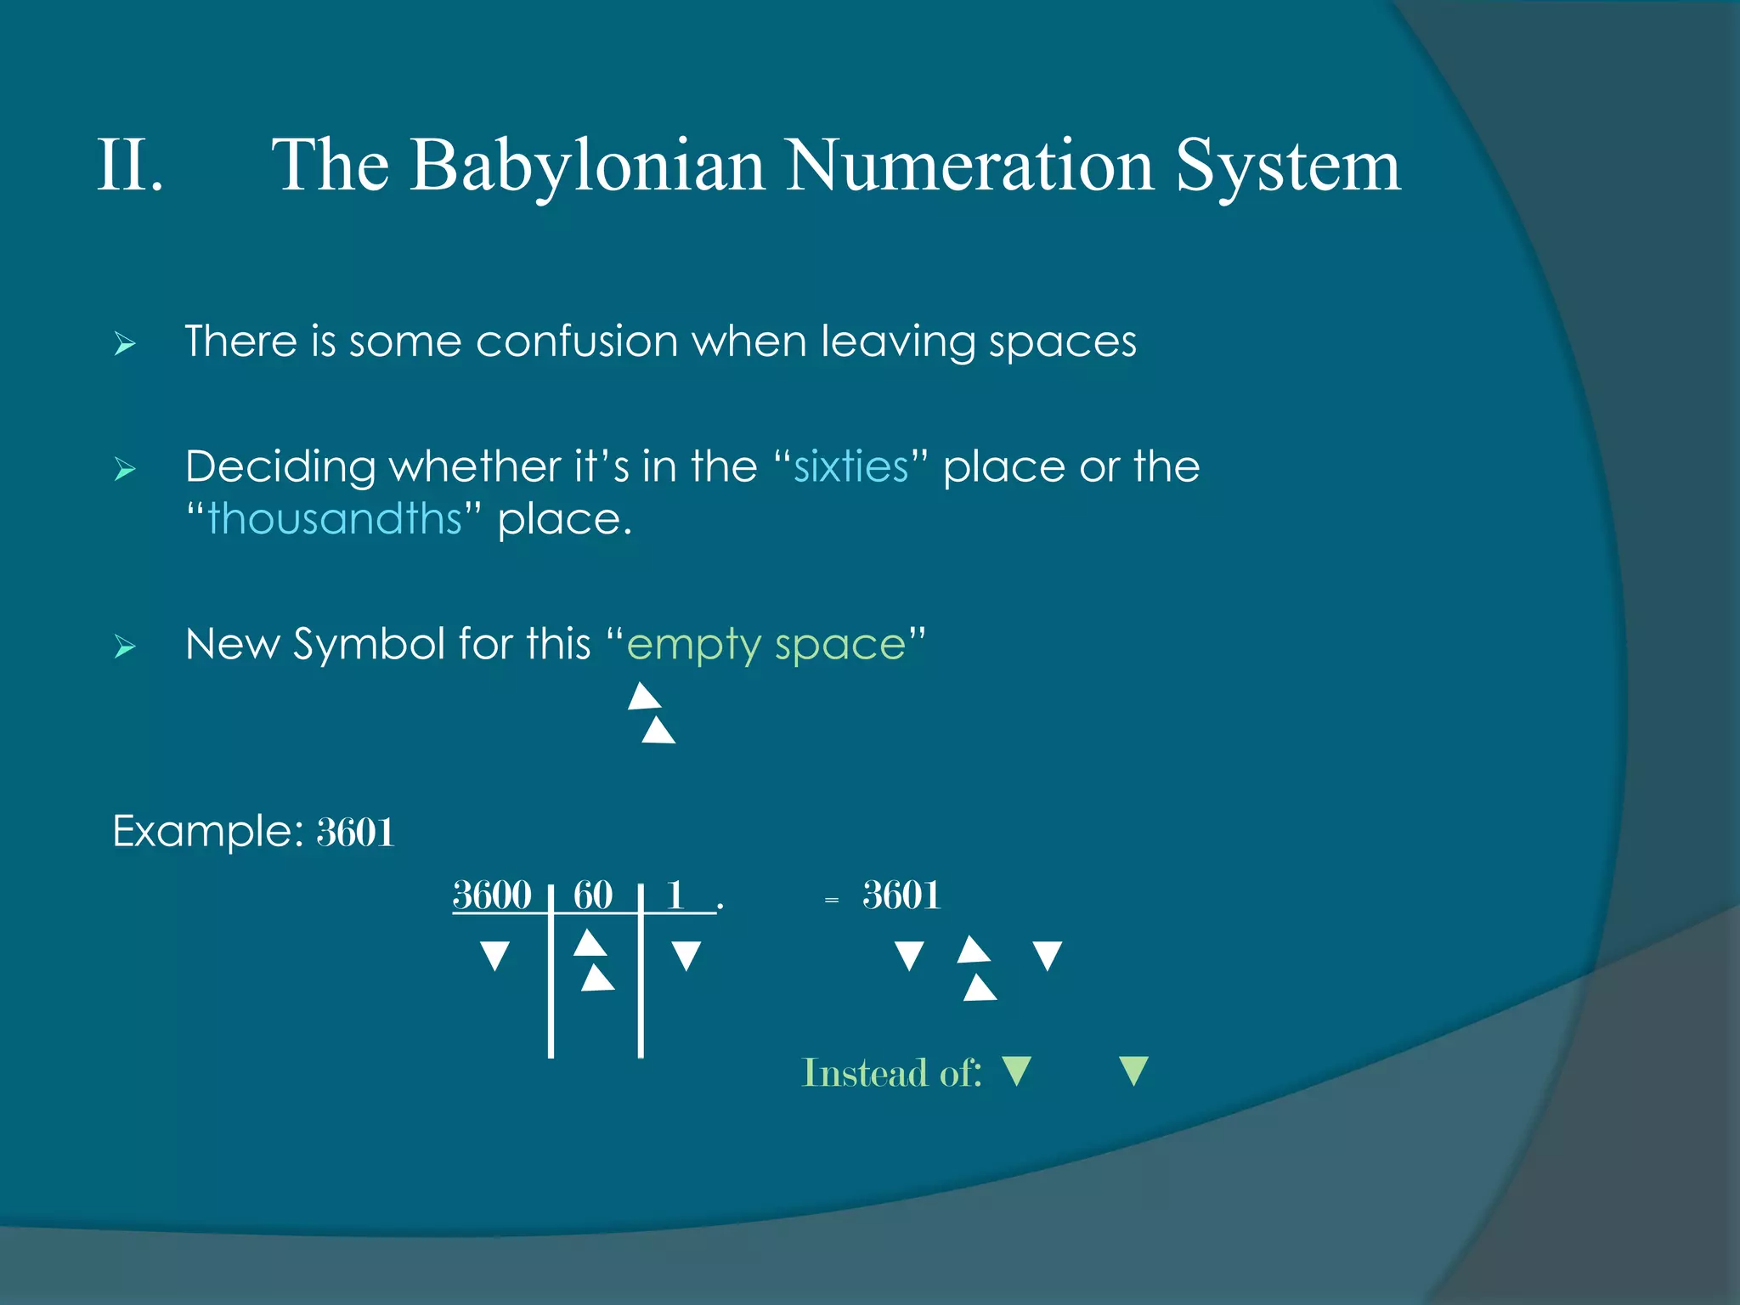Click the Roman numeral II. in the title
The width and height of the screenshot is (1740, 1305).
(x=130, y=166)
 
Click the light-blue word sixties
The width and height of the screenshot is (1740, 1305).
(x=851, y=467)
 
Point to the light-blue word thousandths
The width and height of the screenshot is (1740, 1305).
(x=335, y=519)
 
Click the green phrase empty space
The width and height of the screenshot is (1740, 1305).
(x=766, y=645)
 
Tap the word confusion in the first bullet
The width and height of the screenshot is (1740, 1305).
(x=576, y=342)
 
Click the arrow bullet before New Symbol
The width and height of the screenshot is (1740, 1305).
(x=125, y=647)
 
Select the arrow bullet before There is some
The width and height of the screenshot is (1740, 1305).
(x=125, y=344)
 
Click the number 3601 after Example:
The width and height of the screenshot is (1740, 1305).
(x=355, y=832)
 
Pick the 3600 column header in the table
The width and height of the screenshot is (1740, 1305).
(x=492, y=895)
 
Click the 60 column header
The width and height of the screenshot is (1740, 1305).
(x=593, y=895)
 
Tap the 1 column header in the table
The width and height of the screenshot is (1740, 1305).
(x=675, y=895)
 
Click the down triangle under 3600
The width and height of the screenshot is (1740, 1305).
(x=494, y=955)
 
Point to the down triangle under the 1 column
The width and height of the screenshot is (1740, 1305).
(x=686, y=955)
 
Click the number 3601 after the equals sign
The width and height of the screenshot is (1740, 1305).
(x=901, y=895)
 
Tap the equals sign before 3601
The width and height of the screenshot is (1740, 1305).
(x=832, y=900)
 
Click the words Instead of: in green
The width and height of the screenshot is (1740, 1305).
(x=892, y=1073)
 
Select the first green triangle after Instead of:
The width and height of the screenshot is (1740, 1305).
(x=1017, y=1071)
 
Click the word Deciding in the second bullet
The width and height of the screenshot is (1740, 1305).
(x=280, y=467)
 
